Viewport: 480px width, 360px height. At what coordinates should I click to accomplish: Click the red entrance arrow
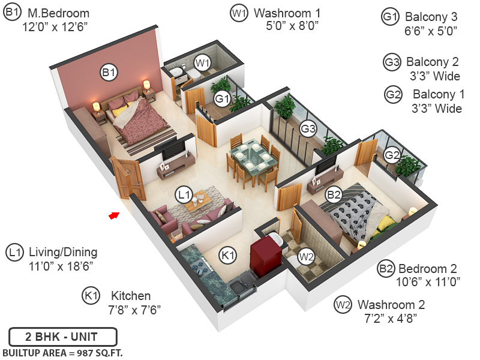tap(113, 215)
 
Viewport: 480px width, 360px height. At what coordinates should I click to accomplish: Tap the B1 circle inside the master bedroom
tap(109, 73)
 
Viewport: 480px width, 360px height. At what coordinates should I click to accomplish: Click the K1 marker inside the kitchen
tap(227, 254)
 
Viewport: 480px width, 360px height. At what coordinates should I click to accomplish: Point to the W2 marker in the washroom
tap(307, 257)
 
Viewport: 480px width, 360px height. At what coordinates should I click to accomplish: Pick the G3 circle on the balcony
tap(308, 128)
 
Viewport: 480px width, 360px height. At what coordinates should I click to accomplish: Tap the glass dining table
tap(251, 157)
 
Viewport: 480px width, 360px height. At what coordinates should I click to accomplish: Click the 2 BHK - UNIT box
tap(62, 337)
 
